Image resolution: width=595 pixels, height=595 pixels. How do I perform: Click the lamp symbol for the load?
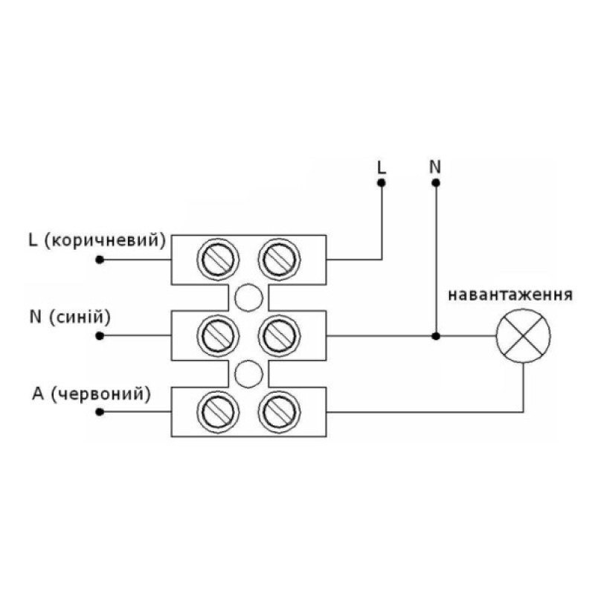click(524, 336)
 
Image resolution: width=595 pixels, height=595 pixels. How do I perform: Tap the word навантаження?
click(510, 295)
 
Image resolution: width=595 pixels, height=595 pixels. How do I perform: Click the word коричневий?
click(105, 240)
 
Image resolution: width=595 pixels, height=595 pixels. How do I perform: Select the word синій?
click(80, 317)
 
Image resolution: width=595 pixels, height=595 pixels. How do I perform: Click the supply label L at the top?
click(382, 167)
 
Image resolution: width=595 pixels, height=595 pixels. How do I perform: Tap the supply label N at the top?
click(435, 167)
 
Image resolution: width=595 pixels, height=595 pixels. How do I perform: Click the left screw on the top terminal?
click(218, 260)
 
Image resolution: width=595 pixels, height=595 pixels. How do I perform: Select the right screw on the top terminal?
click(280, 260)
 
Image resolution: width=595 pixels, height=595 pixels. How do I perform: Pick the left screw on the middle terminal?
click(218, 336)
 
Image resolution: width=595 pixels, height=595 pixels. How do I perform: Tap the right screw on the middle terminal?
click(280, 336)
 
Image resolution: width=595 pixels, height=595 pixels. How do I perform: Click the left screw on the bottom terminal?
click(218, 412)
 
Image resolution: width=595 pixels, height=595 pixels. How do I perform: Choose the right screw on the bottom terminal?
click(280, 412)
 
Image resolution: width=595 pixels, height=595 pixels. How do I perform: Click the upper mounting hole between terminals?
click(248, 298)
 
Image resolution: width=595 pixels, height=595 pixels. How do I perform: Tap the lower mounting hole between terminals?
click(248, 374)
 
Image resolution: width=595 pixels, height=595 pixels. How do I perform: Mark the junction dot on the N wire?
click(436, 336)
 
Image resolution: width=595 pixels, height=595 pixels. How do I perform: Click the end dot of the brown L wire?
click(100, 260)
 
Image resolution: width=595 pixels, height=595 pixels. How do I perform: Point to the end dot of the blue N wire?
click(100, 336)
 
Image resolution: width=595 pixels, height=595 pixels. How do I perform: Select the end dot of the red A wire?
click(100, 412)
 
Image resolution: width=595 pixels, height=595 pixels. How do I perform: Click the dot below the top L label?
click(382, 183)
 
